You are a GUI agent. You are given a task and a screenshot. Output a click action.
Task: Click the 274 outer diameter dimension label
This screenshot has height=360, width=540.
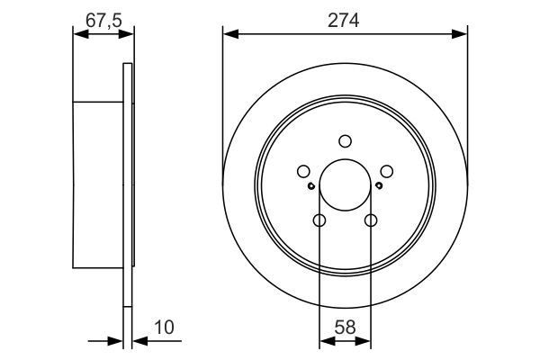345,22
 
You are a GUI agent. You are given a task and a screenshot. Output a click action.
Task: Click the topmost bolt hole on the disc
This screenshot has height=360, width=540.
345,140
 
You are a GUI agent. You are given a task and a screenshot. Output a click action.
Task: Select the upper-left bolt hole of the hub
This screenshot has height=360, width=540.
303,170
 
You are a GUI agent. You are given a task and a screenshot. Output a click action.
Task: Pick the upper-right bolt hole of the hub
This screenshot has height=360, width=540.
386,170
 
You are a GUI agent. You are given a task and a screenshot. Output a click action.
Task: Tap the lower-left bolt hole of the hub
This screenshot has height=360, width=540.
319,220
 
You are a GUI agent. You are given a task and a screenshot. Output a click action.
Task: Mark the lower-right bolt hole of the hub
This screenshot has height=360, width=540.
370,220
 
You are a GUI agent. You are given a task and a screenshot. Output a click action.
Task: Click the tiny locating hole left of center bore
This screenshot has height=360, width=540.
310,186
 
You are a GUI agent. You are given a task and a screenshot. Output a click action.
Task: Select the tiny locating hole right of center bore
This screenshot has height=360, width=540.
379,186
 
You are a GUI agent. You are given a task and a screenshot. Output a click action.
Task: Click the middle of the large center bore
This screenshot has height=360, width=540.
345,184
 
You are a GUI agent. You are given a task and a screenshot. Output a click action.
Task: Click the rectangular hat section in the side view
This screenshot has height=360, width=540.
97,184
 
